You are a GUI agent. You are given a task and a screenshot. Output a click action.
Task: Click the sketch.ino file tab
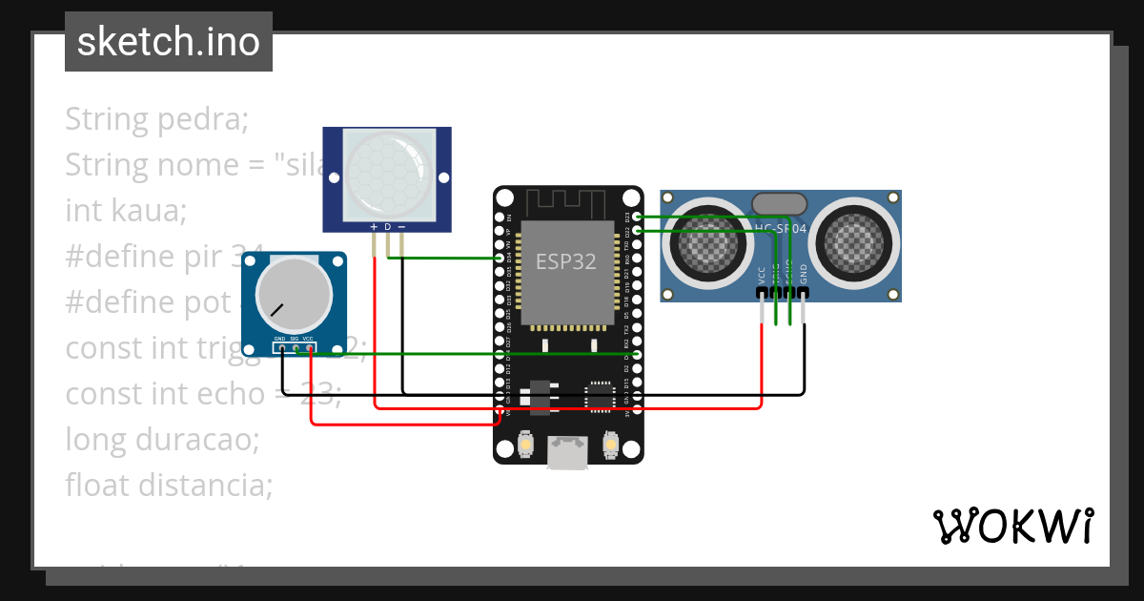[169, 42]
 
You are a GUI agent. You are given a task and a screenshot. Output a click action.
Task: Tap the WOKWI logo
[1012, 526]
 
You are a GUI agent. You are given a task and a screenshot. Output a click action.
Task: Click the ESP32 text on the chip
[566, 261]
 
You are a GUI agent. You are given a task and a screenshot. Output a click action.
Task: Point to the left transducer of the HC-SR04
[708, 245]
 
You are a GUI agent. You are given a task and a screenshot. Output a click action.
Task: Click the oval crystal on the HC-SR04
[780, 203]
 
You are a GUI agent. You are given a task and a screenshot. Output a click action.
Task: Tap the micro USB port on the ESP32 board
[568, 453]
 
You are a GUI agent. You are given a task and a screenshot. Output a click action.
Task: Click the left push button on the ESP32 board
[525, 445]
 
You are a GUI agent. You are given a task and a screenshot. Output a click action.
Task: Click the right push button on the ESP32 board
[611, 445]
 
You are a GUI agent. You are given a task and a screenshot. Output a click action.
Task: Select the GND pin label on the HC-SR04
[804, 274]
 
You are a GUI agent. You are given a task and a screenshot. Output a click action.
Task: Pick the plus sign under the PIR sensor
[374, 227]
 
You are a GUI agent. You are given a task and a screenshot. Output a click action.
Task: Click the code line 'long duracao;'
[162, 440]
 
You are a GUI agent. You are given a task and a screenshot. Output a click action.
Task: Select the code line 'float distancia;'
[169, 486]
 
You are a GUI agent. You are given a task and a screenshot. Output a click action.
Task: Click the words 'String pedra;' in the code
[156, 119]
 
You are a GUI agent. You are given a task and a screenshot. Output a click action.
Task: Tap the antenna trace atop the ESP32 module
[567, 203]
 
